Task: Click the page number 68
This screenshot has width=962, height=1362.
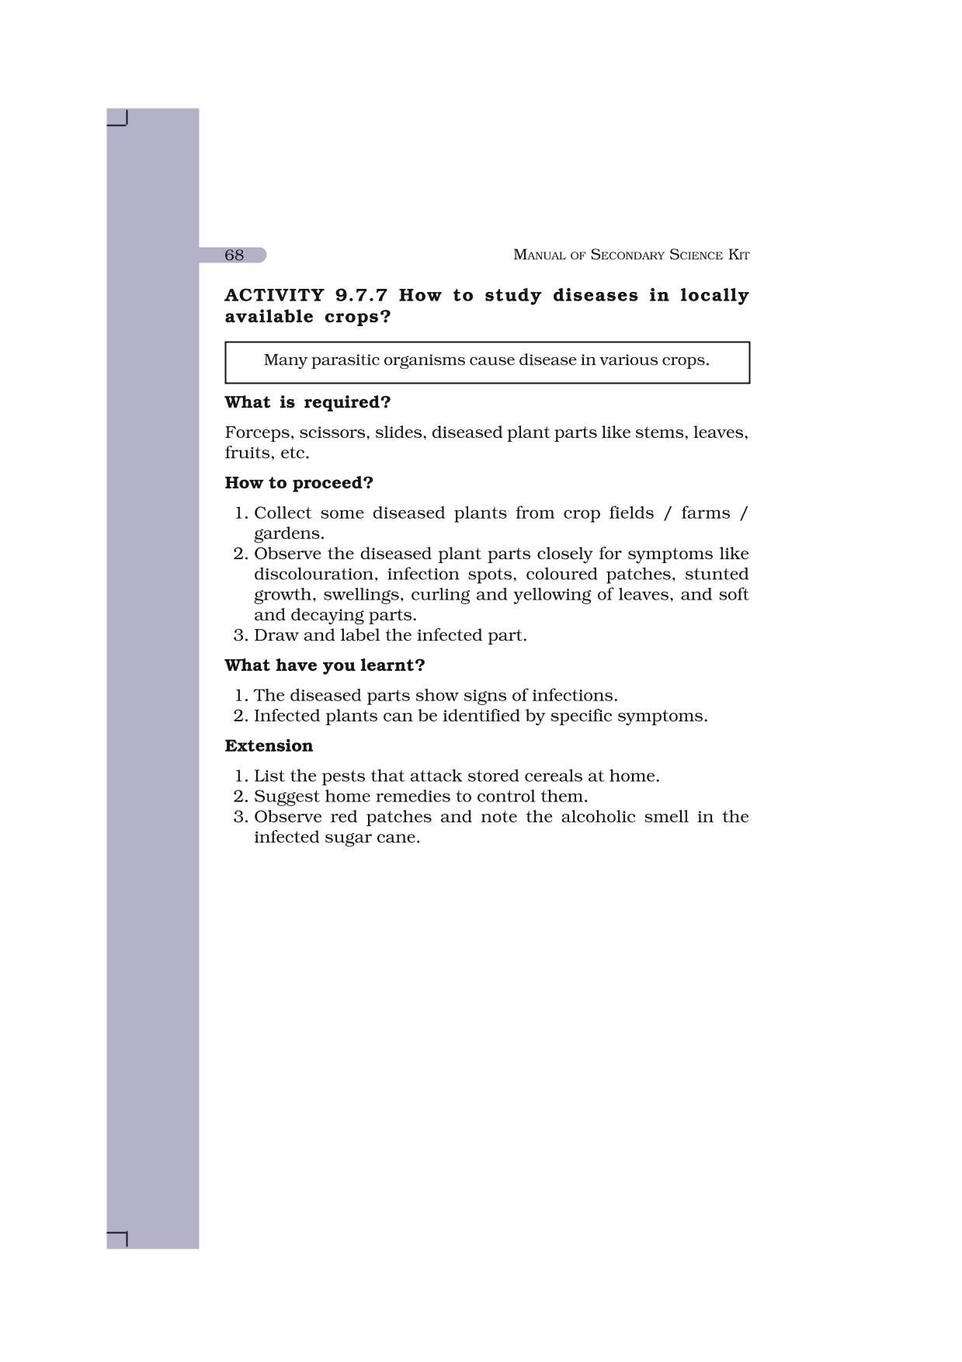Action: (x=234, y=255)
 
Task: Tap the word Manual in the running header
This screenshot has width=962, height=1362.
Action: (x=539, y=255)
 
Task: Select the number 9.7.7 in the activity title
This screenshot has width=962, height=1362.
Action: (x=361, y=296)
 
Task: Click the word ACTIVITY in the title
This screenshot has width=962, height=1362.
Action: (x=274, y=296)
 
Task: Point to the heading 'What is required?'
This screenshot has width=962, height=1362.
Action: (x=307, y=402)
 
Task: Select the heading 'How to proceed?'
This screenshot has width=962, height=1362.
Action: (x=299, y=483)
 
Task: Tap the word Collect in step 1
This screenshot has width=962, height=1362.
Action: (x=282, y=513)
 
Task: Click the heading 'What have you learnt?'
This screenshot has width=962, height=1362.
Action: (x=325, y=665)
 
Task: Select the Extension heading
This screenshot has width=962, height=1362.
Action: (x=269, y=746)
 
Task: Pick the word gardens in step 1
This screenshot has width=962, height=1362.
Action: (x=288, y=533)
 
